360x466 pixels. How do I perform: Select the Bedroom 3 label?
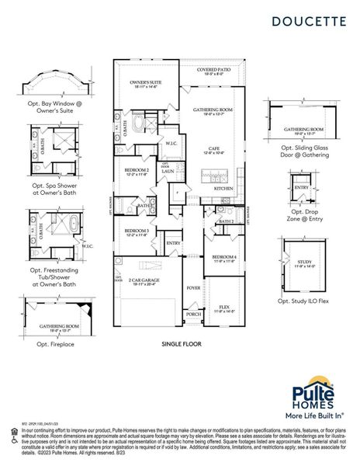pyautogui.click(x=135, y=231)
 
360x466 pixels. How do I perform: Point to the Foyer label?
pyautogui.click(x=193, y=287)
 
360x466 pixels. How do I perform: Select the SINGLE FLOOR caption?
pyautogui.click(x=180, y=343)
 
